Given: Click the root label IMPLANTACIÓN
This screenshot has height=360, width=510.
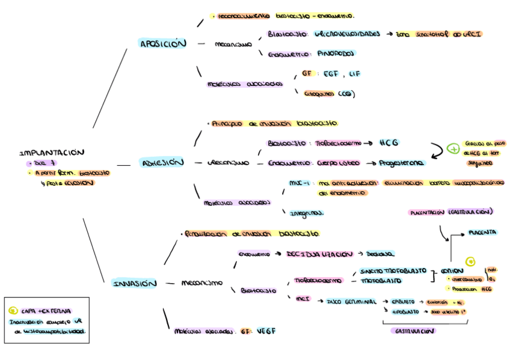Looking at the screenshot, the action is point(52,153).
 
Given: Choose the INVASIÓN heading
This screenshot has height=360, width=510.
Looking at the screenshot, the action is point(134,284).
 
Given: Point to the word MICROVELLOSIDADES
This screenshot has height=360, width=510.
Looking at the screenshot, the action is point(347,34).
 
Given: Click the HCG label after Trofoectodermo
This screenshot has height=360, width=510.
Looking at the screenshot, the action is point(389,143).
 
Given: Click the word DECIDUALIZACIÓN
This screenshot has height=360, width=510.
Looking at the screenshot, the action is point(319,254).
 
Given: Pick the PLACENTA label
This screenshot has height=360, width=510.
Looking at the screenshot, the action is point(482,232).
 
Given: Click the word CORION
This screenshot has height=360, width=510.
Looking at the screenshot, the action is point(452,270).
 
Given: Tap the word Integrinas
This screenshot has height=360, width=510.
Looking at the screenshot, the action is point(307,213).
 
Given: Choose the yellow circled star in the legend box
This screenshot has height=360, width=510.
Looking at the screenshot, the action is point(13,311).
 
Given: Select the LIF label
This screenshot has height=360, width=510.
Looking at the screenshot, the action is point(354,74).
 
